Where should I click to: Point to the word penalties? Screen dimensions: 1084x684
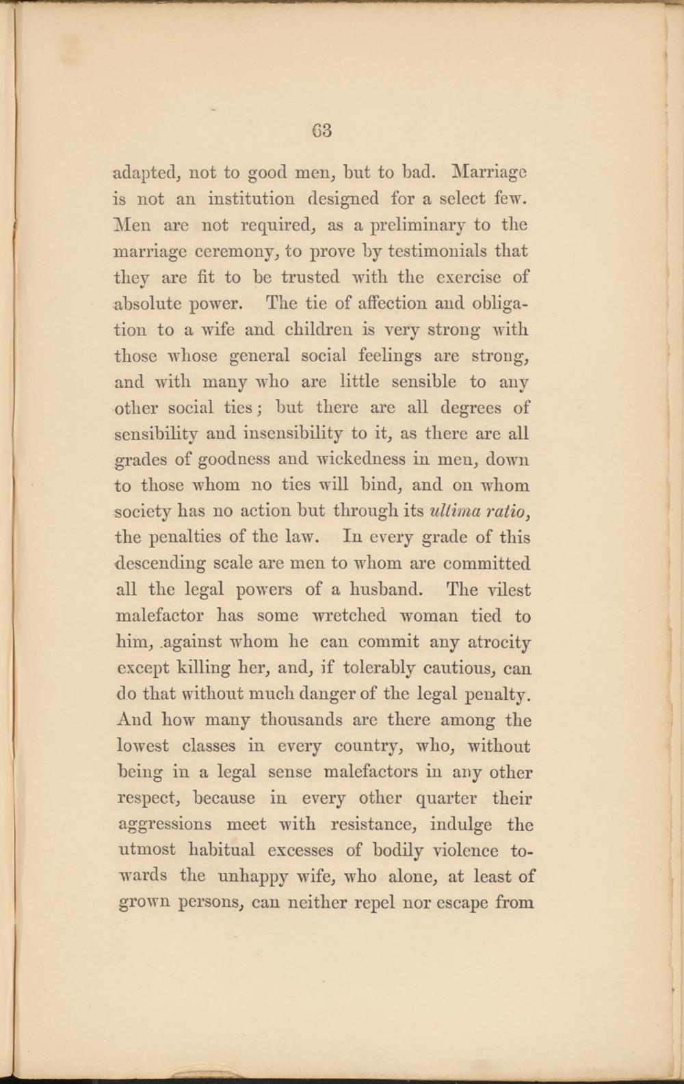[x=183, y=538]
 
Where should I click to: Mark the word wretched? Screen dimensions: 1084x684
[x=350, y=616]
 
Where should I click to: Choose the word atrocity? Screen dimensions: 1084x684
[x=500, y=642]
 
